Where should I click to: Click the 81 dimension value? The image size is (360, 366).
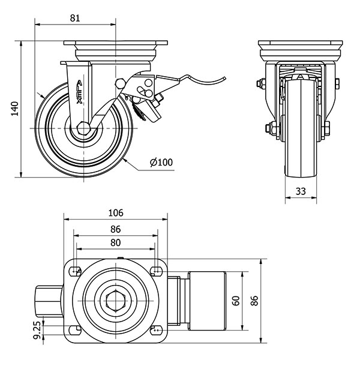click(x=75, y=18)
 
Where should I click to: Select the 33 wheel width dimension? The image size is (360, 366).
click(x=301, y=191)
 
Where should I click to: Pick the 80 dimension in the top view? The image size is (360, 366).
click(x=115, y=243)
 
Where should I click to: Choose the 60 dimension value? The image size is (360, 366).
click(x=236, y=301)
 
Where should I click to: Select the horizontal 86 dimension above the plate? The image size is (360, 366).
click(x=115, y=229)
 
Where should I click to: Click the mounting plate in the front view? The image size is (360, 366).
click(x=299, y=47)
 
